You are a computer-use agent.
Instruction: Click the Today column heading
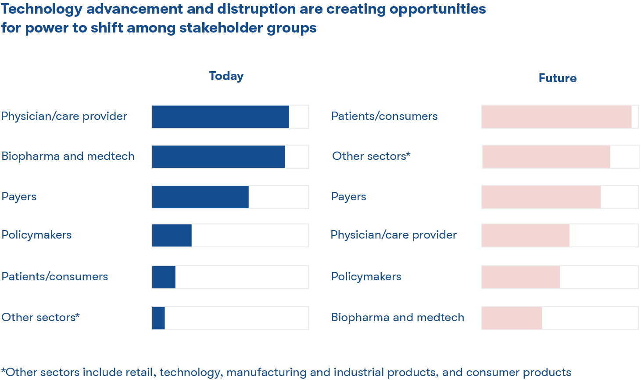(226, 76)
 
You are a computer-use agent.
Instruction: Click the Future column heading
(557, 78)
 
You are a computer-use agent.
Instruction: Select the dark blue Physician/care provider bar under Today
(220, 117)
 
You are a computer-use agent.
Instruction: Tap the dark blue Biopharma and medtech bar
(218, 157)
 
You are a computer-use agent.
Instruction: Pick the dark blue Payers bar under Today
(200, 197)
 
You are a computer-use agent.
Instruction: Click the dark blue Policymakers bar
(172, 235)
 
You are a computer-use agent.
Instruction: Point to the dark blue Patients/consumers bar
(164, 277)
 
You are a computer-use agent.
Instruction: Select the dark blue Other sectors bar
(158, 318)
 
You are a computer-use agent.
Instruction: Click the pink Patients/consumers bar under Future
(556, 117)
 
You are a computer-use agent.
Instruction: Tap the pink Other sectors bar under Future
(546, 157)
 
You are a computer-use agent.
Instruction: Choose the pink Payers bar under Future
(541, 197)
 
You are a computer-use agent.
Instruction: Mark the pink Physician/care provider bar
(525, 235)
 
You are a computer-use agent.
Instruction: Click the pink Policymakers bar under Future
(521, 277)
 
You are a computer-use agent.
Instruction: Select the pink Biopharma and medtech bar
(512, 318)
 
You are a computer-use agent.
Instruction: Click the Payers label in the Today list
(19, 196)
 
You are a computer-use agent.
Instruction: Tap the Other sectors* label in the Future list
(371, 156)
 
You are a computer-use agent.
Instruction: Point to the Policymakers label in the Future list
(366, 276)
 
